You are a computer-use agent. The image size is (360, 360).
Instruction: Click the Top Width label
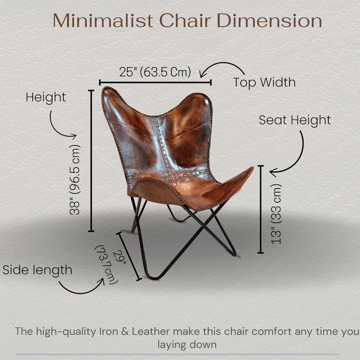pyautogui.click(x=264, y=83)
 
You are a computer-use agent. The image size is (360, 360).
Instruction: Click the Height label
pyautogui.click(x=46, y=97)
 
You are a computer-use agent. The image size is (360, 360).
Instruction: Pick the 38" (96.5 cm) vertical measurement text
pyautogui.click(x=76, y=179)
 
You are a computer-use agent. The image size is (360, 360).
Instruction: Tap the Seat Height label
pyautogui.click(x=295, y=120)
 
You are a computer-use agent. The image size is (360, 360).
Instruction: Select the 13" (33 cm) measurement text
pyautogui.click(x=277, y=214)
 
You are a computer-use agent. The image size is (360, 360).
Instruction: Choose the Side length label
pyautogui.click(x=37, y=270)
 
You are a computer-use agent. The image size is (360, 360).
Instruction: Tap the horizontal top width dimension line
pyautogui.click(x=155, y=83)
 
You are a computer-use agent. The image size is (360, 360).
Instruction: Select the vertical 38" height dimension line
pyautogui.click(x=91, y=161)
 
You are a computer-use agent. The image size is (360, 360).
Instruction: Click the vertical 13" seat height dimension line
pyautogui.click(x=261, y=209)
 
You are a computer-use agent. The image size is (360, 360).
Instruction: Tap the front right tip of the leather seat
pyautogui.click(x=250, y=169)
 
